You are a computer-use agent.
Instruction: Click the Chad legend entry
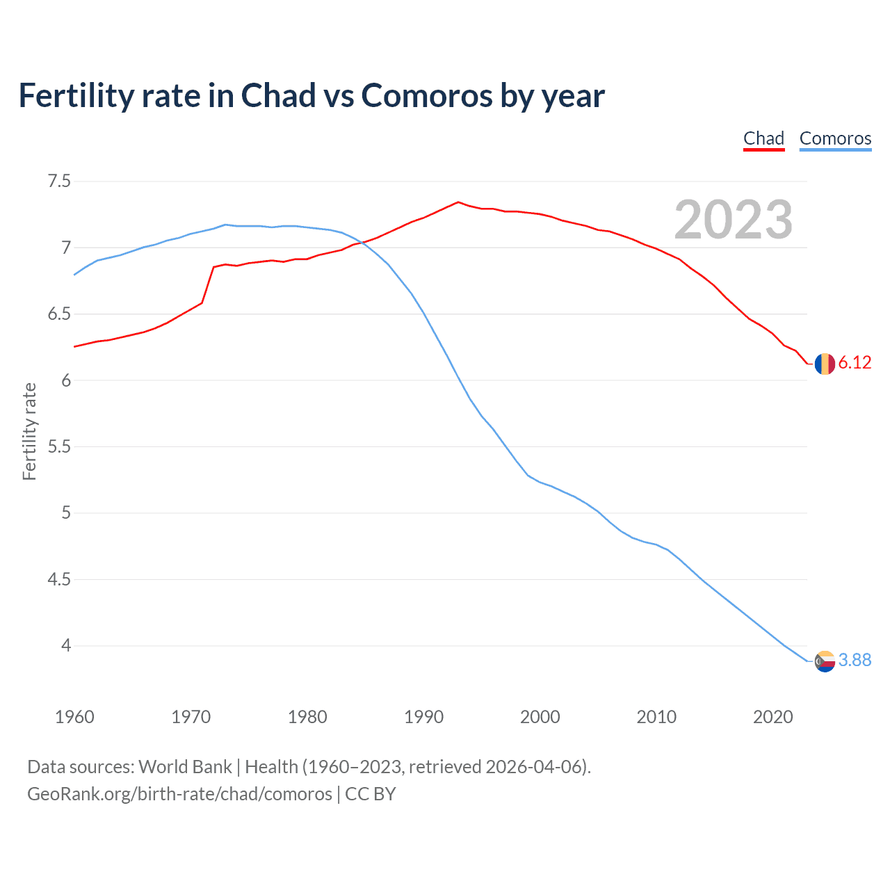pyautogui.click(x=763, y=138)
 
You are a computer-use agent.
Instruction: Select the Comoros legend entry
pyautogui.click(x=835, y=138)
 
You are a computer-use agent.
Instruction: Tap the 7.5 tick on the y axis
pyautogui.click(x=59, y=181)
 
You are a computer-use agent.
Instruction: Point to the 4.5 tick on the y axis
pyautogui.click(x=59, y=579)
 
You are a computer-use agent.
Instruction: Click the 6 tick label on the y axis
pyautogui.click(x=66, y=380)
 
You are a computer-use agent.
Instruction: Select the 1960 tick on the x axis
pyautogui.click(x=74, y=717)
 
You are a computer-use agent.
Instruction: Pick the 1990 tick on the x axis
pyautogui.click(x=423, y=717)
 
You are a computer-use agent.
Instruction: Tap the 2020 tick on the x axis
pyautogui.click(x=772, y=717)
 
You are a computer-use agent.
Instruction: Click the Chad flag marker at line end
pyautogui.click(x=825, y=363)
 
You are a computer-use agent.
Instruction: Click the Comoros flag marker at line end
pyautogui.click(x=825, y=661)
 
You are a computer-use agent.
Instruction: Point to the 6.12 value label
pyautogui.click(x=855, y=363)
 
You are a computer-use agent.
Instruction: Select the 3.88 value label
pyautogui.click(x=855, y=661)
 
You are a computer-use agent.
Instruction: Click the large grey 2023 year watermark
pyautogui.click(x=733, y=220)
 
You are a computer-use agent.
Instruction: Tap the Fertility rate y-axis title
pyautogui.click(x=29, y=431)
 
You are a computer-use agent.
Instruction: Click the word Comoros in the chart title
pyautogui.click(x=427, y=96)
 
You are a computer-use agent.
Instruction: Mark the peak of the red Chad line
pyautogui.click(x=458, y=202)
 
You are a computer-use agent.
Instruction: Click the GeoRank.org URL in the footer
pyautogui.click(x=179, y=794)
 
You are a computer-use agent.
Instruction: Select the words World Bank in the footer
pyautogui.click(x=185, y=767)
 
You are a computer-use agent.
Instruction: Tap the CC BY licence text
pyautogui.click(x=371, y=794)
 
